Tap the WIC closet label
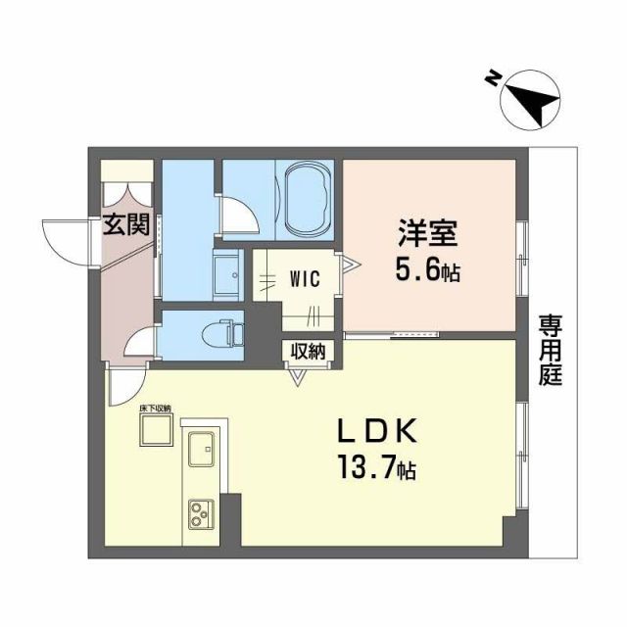pos(303,277)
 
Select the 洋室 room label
pos(428,235)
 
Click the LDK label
pos(378,432)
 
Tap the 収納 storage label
pos(308,351)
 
